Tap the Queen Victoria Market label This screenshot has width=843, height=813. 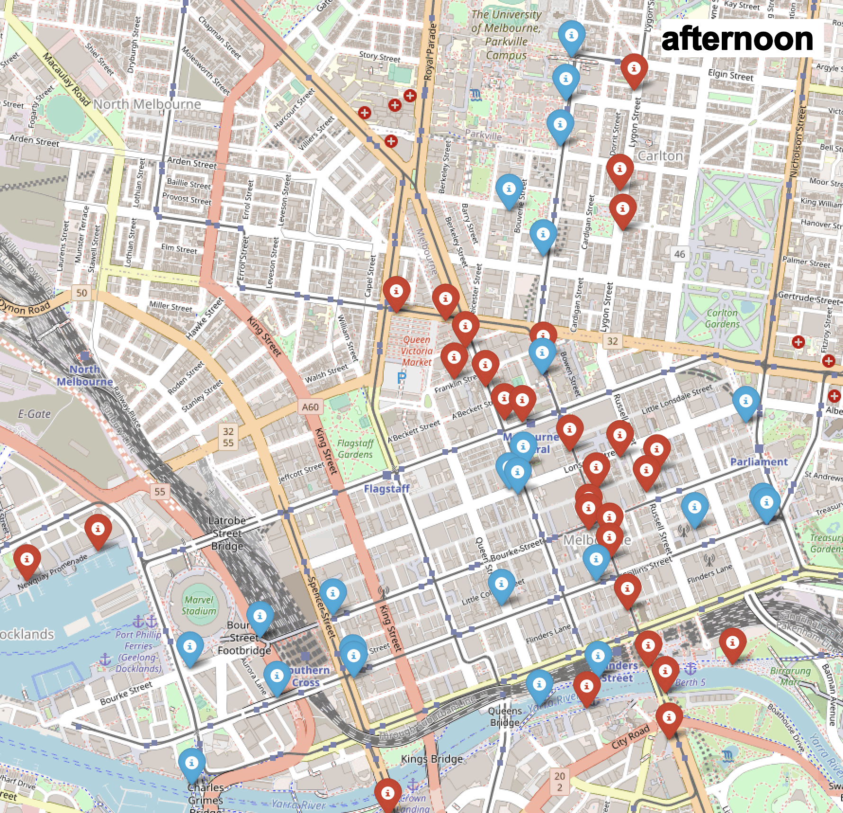pyautogui.click(x=417, y=351)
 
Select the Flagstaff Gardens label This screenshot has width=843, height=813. pyautogui.click(x=355, y=449)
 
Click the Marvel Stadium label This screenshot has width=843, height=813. pyautogui.click(x=199, y=605)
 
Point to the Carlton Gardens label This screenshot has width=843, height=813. pyautogui.click(x=722, y=318)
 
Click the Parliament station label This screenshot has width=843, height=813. pyautogui.click(x=759, y=461)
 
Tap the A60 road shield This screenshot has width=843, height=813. pyautogui.click(x=310, y=407)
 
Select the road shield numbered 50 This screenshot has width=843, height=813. pyautogui.click(x=82, y=292)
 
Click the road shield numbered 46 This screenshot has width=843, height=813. pyautogui.click(x=679, y=254)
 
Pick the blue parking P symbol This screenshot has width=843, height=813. pyautogui.click(x=402, y=378)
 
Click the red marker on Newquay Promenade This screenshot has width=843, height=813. pyautogui.click(x=27, y=560)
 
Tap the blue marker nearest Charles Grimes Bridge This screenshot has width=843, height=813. pyautogui.click(x=192, y=764)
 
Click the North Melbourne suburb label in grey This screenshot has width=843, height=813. pyautogui.click(x=147, y=104)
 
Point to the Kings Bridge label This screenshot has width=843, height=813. pyautogui.click(x=431, y=759)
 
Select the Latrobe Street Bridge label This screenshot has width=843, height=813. pyautogui.click(x=228, y=533)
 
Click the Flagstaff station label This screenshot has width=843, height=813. pyautogui.click(x=386, y=488)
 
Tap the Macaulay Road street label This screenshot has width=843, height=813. pyautogui.click(x=66, y=78)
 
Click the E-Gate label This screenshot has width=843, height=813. pyautogui.click(x=34, y=414)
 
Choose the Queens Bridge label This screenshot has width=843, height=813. pyautogui.click(x=505, y=716)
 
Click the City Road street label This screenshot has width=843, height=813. pyautogui.click(x=630, y=737)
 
